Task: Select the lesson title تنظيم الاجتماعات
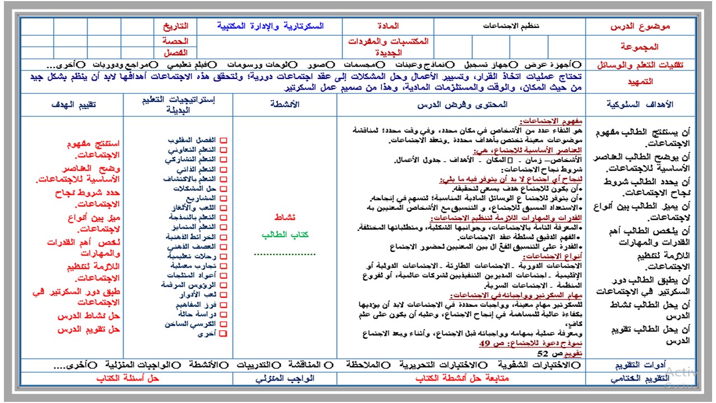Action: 509,26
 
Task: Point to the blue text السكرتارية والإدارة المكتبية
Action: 271,26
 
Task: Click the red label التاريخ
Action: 176,26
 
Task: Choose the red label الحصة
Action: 176,40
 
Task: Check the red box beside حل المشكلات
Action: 223,189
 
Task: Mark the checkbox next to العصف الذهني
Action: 223,246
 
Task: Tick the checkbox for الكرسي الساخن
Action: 223,324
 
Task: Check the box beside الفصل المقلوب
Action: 223,140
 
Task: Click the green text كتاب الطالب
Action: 285,235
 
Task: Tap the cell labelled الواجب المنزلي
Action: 285,378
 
